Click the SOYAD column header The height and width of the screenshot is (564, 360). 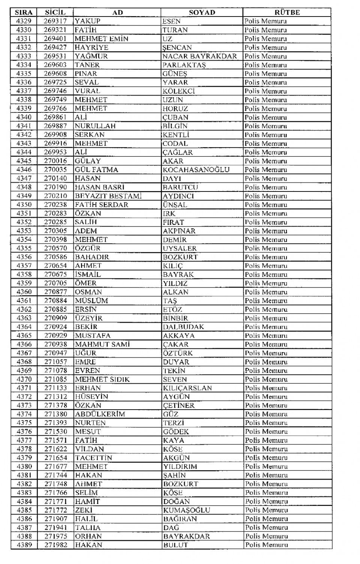point(202,12)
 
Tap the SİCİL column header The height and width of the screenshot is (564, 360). point(55,12)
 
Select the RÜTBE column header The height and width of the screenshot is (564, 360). point(287,12)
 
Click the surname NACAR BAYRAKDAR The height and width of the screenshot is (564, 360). point(199,56)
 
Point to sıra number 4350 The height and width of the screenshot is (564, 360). point(24,205)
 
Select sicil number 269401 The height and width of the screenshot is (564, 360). point(55,39)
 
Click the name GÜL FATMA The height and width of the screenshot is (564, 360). point(96,170)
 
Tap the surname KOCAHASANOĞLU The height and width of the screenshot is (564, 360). point(196,170)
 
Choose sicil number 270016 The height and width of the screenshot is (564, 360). point(55,161)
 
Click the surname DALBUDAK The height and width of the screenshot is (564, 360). point(183,327)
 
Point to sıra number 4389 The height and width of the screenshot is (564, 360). point(24,545)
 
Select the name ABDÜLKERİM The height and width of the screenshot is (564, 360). point(100,414)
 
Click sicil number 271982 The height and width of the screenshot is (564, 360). point(55,545)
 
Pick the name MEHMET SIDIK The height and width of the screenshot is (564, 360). point(102,379)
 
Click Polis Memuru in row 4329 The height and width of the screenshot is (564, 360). point(265,21)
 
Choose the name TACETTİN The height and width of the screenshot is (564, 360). point(93,458)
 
